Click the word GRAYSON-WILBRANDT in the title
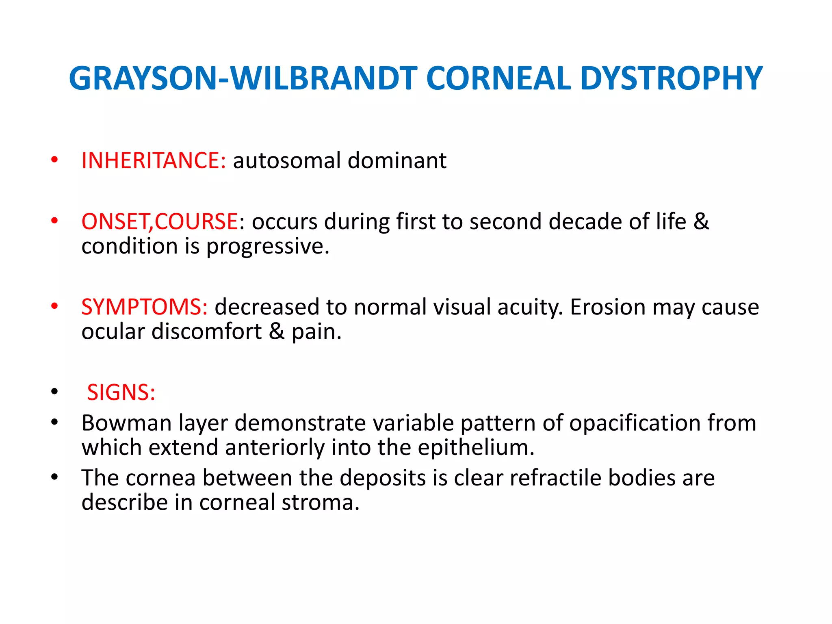point(243,78)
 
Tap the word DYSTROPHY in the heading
point(671,78)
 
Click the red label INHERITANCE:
point(154,160)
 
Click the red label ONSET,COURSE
point(160,222)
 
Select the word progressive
point(267,247)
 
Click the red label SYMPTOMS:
point(144,307)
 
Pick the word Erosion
point(608,307)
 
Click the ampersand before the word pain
point(277,332)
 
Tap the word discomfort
point(206,332)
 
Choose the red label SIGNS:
point(121,393)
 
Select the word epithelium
point(476,447)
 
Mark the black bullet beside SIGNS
point(54,392)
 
